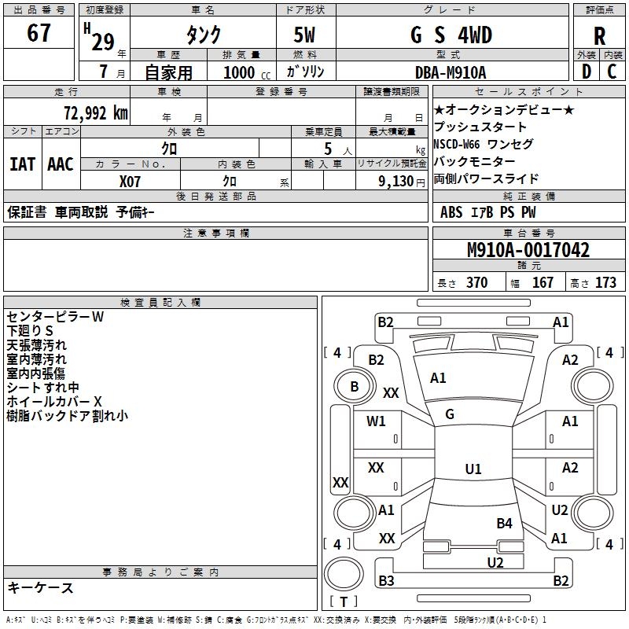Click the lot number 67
[39, 34]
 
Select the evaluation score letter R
[599, 36]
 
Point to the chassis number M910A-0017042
[528, 250]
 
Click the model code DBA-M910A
[451, 72]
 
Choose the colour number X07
[131, 181]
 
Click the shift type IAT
[23, 164]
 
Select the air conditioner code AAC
[61, 164]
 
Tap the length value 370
[476, 283]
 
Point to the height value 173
[605, 283]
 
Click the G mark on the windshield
[450, 414]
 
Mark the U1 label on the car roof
[473, 469]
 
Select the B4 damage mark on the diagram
[504, 523]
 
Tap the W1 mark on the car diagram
[377, 421]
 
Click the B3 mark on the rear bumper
[386, 581]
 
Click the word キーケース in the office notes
[41, 588]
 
